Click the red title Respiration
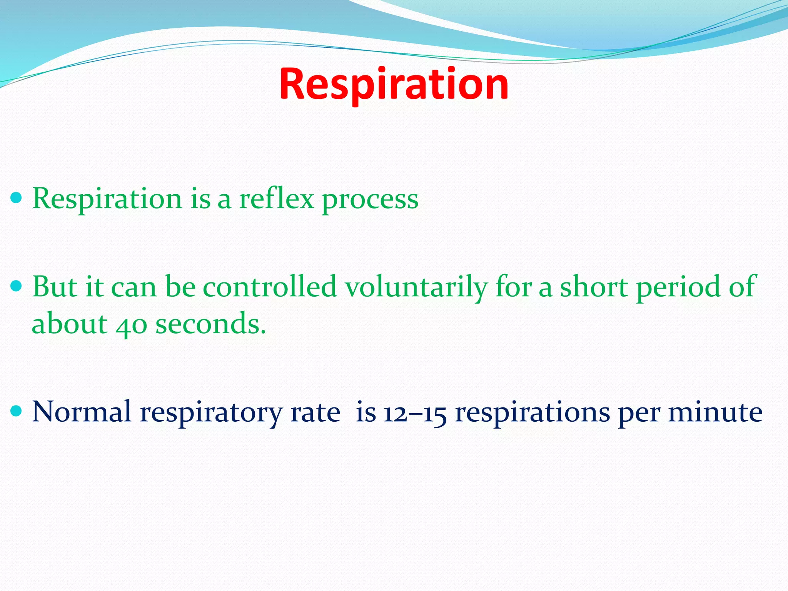(394, 84)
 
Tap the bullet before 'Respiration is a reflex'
(17, 199)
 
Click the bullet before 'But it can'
(17, 286)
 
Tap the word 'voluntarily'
(416, 288)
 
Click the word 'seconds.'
(210, 324)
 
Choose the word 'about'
(69, 324)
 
